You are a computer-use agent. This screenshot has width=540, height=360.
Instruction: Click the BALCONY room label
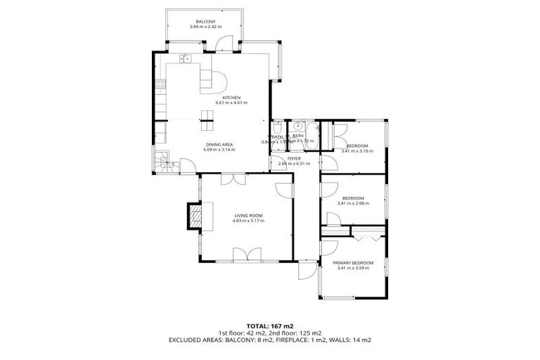pyautogui.click(x=205, y=22)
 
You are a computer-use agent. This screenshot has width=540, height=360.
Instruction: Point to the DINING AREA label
pyautogui.click(x=218, y=144)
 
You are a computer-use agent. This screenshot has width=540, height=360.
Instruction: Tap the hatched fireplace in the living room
pyautogui.click(x=193, y=217)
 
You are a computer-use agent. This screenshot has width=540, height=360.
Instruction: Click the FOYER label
pyautogui.click(x=294, y=158)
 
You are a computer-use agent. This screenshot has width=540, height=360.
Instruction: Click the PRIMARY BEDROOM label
pyautogui.click(x=354, y=262)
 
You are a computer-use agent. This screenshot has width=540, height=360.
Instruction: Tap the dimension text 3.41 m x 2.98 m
pyautogui.click(x=353, y=203)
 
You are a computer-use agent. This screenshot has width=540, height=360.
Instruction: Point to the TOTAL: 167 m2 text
pyautogui.click(x=270, y=326)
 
